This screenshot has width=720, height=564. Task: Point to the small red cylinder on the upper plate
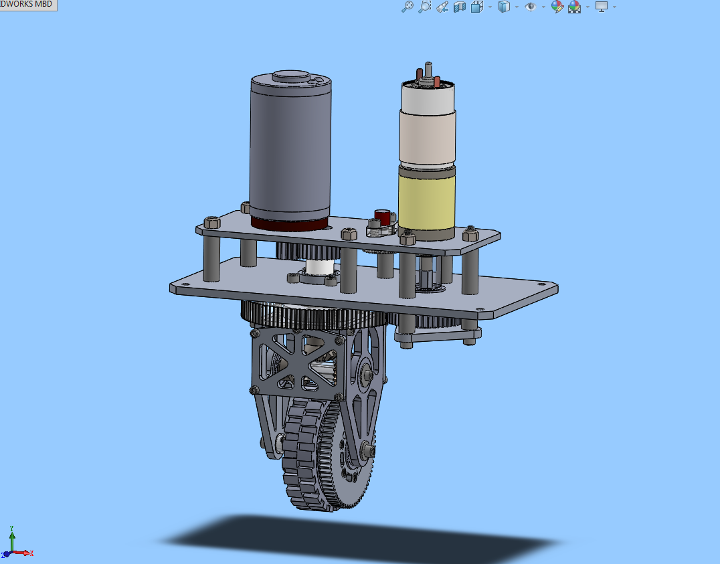click(382, 217)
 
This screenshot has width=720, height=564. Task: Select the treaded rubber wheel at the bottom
click(298, 462)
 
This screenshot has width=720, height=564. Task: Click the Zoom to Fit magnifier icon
click(407, 7)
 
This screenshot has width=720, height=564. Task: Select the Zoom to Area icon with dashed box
click(424, 7)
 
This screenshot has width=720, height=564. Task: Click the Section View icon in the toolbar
click(459, 7)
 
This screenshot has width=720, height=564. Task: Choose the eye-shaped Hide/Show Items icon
click(531, 7)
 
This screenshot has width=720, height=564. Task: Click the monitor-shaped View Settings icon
click(602, 7)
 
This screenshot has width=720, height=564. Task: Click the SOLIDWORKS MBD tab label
click(27, 5)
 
